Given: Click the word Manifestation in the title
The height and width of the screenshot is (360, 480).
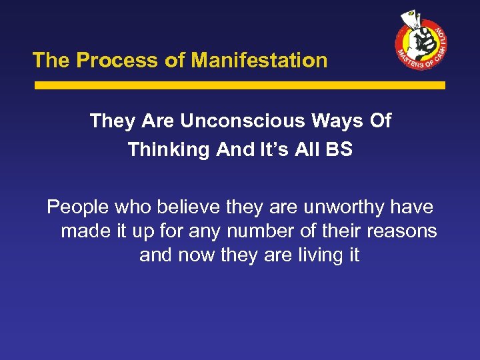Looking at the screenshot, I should [259, 61].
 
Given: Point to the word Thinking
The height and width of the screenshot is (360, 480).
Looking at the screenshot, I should [169, 149].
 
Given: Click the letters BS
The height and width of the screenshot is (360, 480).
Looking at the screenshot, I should [339, 149].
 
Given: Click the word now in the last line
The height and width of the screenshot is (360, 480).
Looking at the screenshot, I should [199, 255].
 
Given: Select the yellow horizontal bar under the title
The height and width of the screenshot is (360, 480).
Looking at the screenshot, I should [239, 85].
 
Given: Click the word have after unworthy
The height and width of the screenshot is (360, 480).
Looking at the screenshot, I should [411, 208].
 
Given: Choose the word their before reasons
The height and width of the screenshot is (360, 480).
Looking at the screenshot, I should [342, 231].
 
